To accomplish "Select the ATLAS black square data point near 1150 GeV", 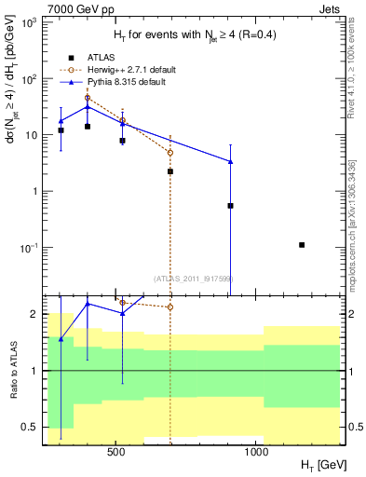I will pos(302,245).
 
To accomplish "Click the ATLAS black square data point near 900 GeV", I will pos(230,206).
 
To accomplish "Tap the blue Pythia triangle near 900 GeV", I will pos(230,162).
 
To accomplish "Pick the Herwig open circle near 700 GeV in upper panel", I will pos(170,152).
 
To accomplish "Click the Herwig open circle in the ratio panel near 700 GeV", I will pos(170,307).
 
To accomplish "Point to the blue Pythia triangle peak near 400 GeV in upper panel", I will pos(88,107).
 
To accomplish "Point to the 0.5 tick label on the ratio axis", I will pos(30,428).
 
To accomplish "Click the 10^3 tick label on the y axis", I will pos(30,22).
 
